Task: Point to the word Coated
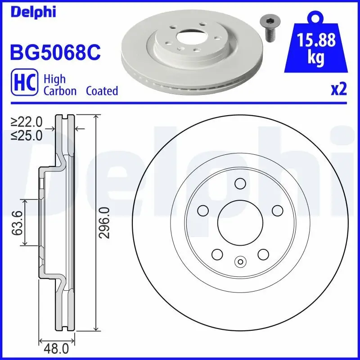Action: click(102, 91)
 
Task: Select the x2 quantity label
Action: click(338, 90)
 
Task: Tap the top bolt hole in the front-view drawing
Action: click(240, 184)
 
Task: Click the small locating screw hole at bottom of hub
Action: click(240, 261)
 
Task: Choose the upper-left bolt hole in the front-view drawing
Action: click(203, 210)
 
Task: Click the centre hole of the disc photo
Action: click(190, 37)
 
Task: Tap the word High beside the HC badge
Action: click(54, 79)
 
